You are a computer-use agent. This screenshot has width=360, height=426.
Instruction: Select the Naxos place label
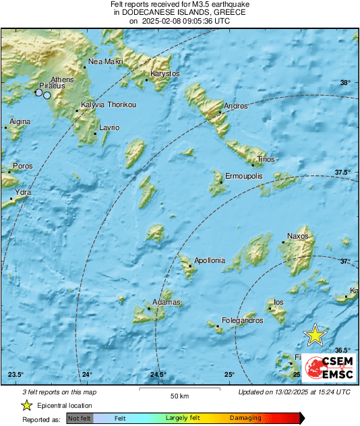click(297, 237)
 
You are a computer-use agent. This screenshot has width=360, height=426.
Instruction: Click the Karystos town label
click(165, 73)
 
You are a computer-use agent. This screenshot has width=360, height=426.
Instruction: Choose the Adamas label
click(167, 302)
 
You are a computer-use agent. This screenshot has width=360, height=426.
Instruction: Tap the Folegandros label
click(243, 321)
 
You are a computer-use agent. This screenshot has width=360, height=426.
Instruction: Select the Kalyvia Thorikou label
click(109, 104)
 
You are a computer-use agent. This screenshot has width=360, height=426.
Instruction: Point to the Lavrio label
click(109, 127)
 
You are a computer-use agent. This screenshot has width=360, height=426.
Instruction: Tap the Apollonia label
click(209, 260)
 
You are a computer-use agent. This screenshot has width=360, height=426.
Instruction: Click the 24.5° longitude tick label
click(158, 375)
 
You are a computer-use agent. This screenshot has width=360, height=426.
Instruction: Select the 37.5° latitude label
click(343, 173)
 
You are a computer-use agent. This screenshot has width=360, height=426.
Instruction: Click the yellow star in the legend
click(26, 405)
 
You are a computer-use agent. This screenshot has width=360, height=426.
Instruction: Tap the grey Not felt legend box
click(78, 418)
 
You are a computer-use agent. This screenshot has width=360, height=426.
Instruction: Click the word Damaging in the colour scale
click(245, 418)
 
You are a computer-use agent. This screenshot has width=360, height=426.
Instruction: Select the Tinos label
click(266, 159)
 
